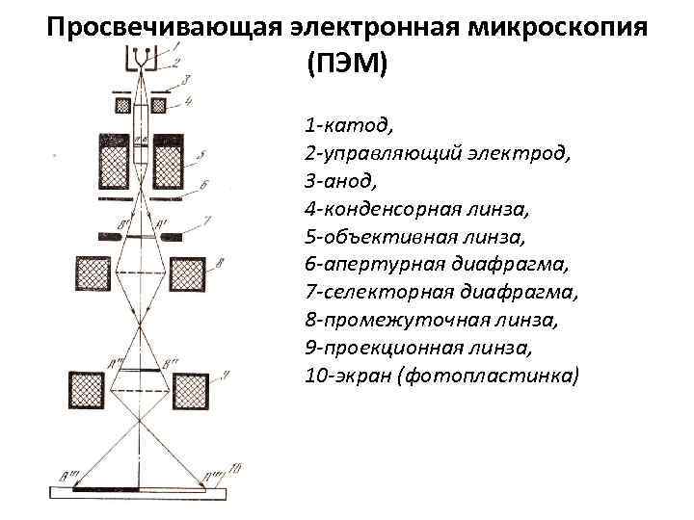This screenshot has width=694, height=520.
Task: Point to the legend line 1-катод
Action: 348,126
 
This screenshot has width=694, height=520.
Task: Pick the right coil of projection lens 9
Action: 191,388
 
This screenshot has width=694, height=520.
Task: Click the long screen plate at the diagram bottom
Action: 141,493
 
